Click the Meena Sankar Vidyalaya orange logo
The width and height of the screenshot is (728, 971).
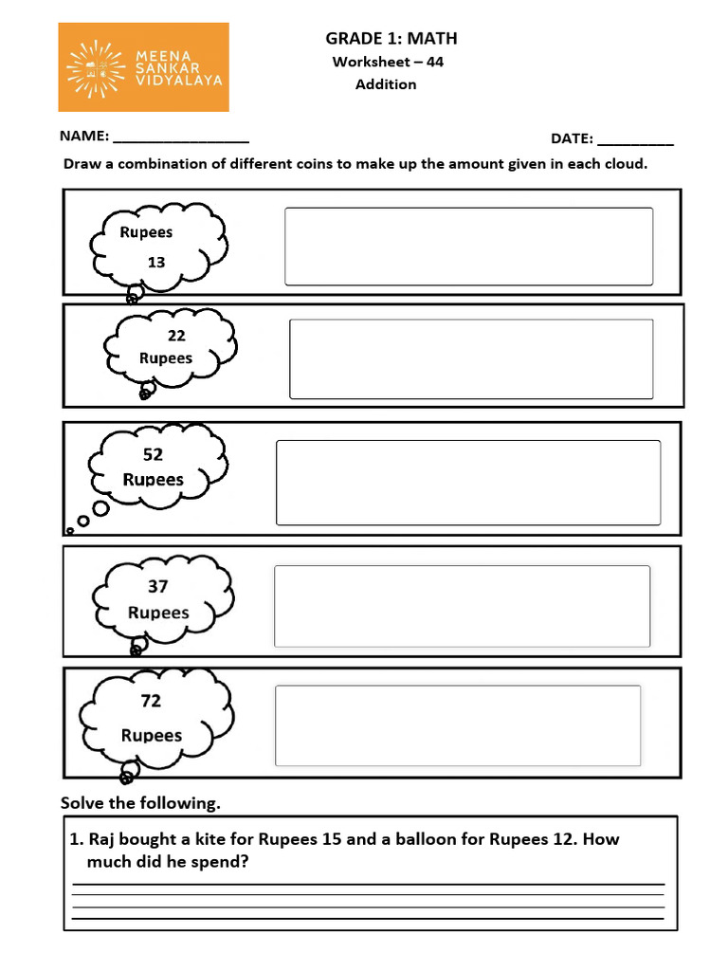click(x=144, y=67)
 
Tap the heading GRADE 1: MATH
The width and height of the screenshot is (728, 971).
click(x=391, y=38)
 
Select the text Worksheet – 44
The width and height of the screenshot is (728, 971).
click(x=388, y=62)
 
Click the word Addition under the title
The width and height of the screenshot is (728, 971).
click(x=386, y=84)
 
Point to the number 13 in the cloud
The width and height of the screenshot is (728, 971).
click(x=156, y=262)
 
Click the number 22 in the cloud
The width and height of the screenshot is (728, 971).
click(x=176, y=336)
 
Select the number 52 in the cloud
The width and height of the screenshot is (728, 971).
click(x=153, y=455)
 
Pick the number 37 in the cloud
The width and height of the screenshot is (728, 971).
click(x=157, y=587)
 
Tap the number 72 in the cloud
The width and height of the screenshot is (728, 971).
click(x=151, y=702)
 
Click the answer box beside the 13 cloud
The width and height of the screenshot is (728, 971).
click(x=468, y=247)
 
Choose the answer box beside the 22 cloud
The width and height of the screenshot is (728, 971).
click(x=471, y=358)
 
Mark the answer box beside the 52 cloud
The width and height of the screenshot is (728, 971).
click(x=468, y=483)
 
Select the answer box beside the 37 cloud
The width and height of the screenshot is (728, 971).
click(x=462, y=606)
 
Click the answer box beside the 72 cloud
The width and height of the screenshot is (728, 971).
click(x=457, y=725)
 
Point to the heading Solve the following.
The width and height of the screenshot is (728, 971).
click(x=140, y=803)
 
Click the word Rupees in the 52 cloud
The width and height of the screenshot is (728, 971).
click(x=153, y=480)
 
